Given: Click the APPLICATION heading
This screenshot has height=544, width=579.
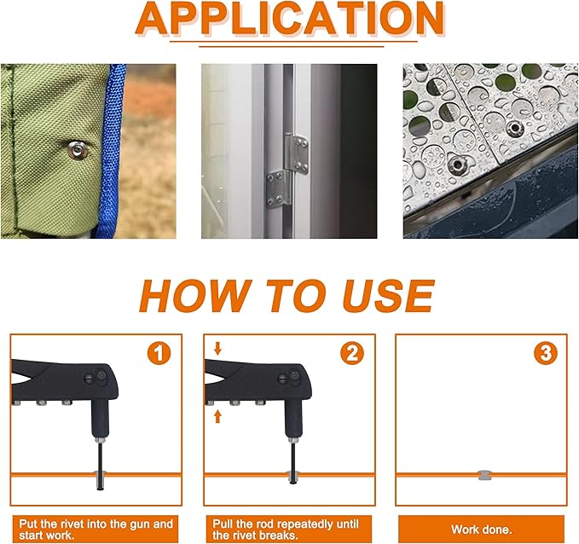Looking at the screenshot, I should click(x=290, y=20).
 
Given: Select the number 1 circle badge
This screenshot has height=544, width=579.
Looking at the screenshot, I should click(x=159, y=352).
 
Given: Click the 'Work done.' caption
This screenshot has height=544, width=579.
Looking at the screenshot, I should click(x=483, y=530).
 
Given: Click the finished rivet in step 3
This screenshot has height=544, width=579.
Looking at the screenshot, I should click(x=483, y=473).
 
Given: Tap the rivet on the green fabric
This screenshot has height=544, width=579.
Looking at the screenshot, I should click(x=78, y=151).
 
